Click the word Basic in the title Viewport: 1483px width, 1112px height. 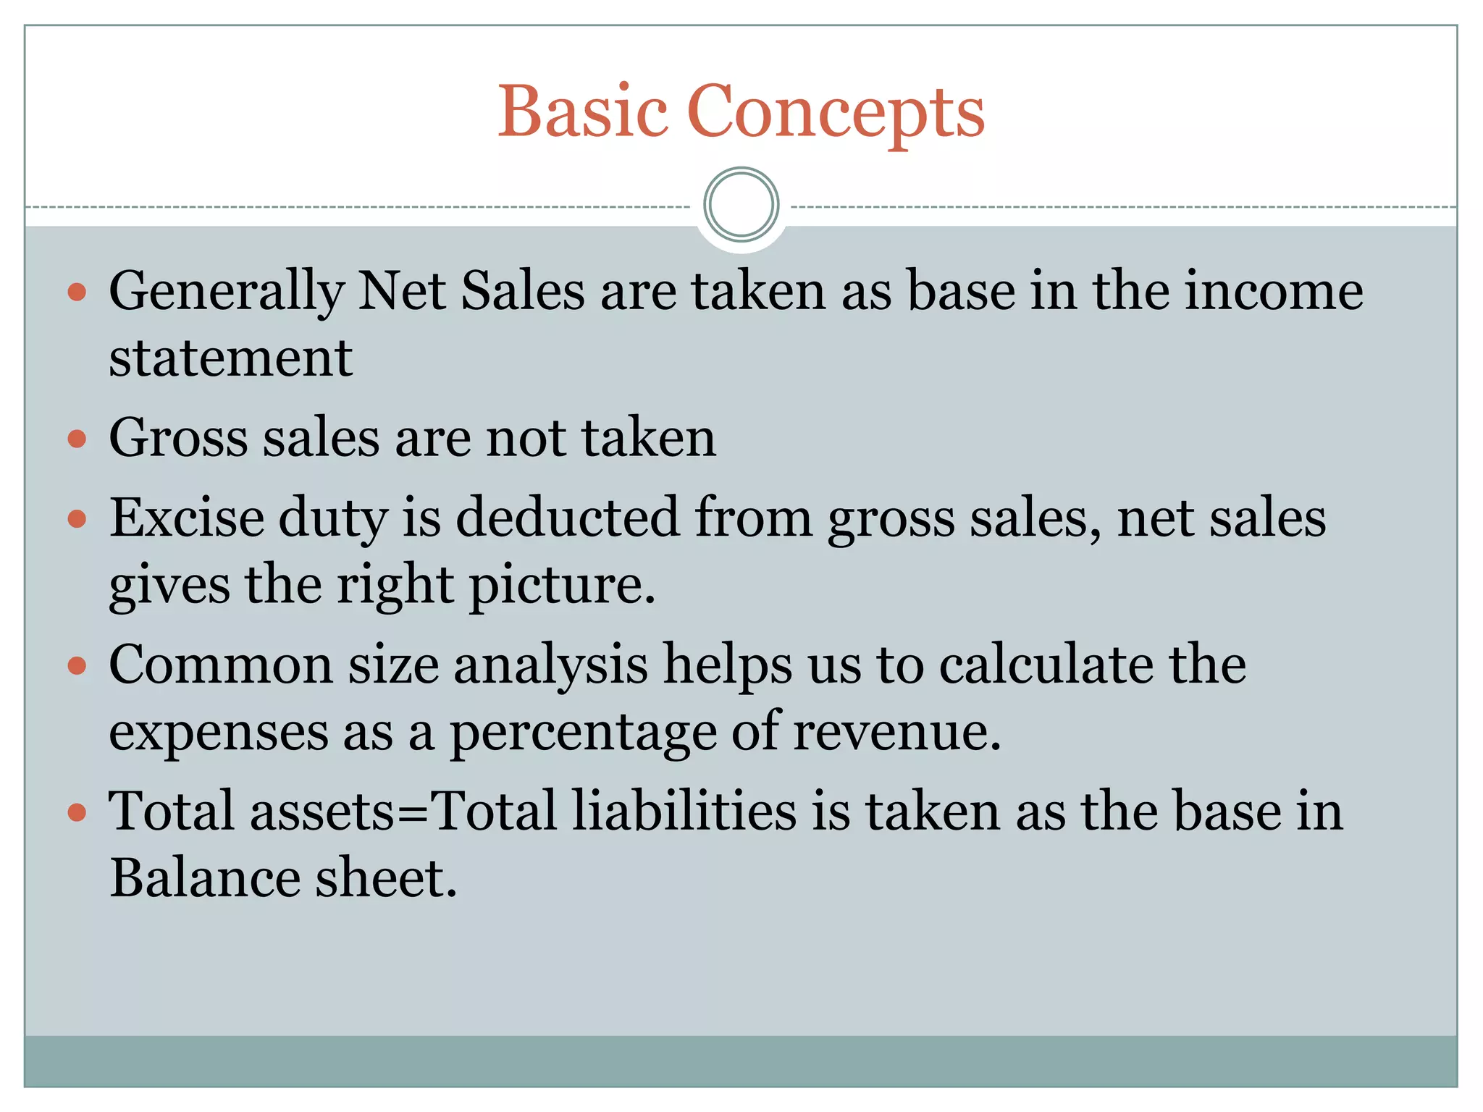point(582,111)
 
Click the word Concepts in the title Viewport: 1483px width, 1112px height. point(836,113)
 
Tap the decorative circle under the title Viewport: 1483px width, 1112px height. point(741,205)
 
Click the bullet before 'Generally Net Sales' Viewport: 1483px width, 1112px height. point(77,292)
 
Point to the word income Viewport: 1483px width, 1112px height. point(1274,291)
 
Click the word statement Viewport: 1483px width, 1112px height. point(230,358)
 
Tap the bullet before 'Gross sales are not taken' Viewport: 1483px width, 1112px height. point(77,439)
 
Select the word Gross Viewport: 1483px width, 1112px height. point(177,438)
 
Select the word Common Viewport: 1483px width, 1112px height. point(220,665)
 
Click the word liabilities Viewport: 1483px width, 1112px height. point(684,811)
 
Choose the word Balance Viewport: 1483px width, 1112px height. point(205,878)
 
